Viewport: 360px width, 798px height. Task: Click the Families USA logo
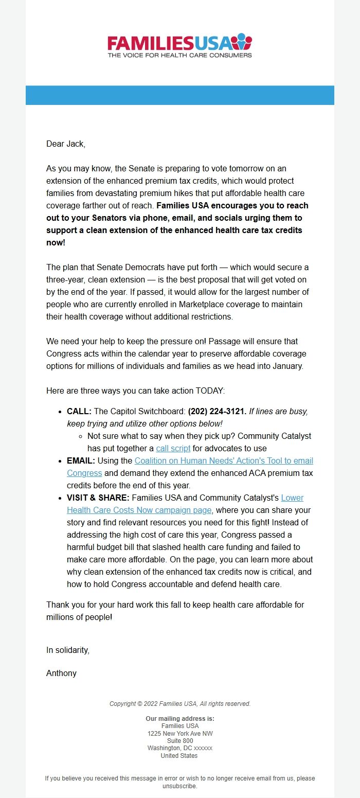(x=179, y=46)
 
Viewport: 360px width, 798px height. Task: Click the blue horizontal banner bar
(x=179, y=95)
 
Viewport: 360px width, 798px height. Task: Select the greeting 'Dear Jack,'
(x=66, y=144)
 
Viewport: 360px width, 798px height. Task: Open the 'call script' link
(x=173, y=448)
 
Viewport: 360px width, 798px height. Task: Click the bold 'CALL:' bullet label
(x=79, y=411)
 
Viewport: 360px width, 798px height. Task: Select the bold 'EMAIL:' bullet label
(x=81, y=460)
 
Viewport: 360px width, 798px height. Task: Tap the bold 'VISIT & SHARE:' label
(x=98, y=498)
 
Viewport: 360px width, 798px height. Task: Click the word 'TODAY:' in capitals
(x=210, y=391)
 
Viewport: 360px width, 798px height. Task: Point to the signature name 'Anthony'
(x=61, y=673)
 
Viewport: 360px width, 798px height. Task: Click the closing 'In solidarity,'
(x=68, y=650)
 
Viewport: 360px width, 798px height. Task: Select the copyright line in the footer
(x=179, y=704)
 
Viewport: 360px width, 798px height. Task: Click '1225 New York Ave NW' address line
(x=179, y=733)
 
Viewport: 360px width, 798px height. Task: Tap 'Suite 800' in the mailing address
(x=179, y=741)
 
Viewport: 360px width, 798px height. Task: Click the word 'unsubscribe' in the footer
(x=179, y=786)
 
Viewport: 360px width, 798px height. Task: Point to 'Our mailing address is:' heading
(x=179, y=719)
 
